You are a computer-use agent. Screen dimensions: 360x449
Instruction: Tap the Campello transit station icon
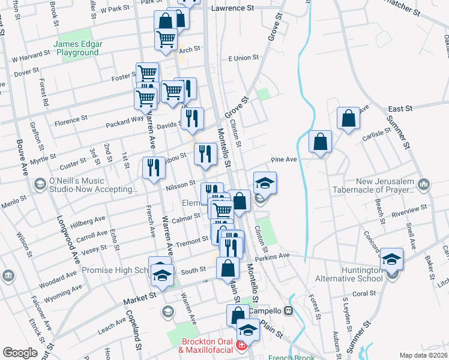coord(288,311)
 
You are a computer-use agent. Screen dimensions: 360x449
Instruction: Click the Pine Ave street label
coord(285,160)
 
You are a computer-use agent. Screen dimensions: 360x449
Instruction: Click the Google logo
coord(20,353)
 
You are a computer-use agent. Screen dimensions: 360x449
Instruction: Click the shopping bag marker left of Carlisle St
coord(321,142)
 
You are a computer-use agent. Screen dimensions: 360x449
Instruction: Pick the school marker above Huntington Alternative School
coord(391,259)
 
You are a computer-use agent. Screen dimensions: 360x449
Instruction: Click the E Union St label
coord(243,58)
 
